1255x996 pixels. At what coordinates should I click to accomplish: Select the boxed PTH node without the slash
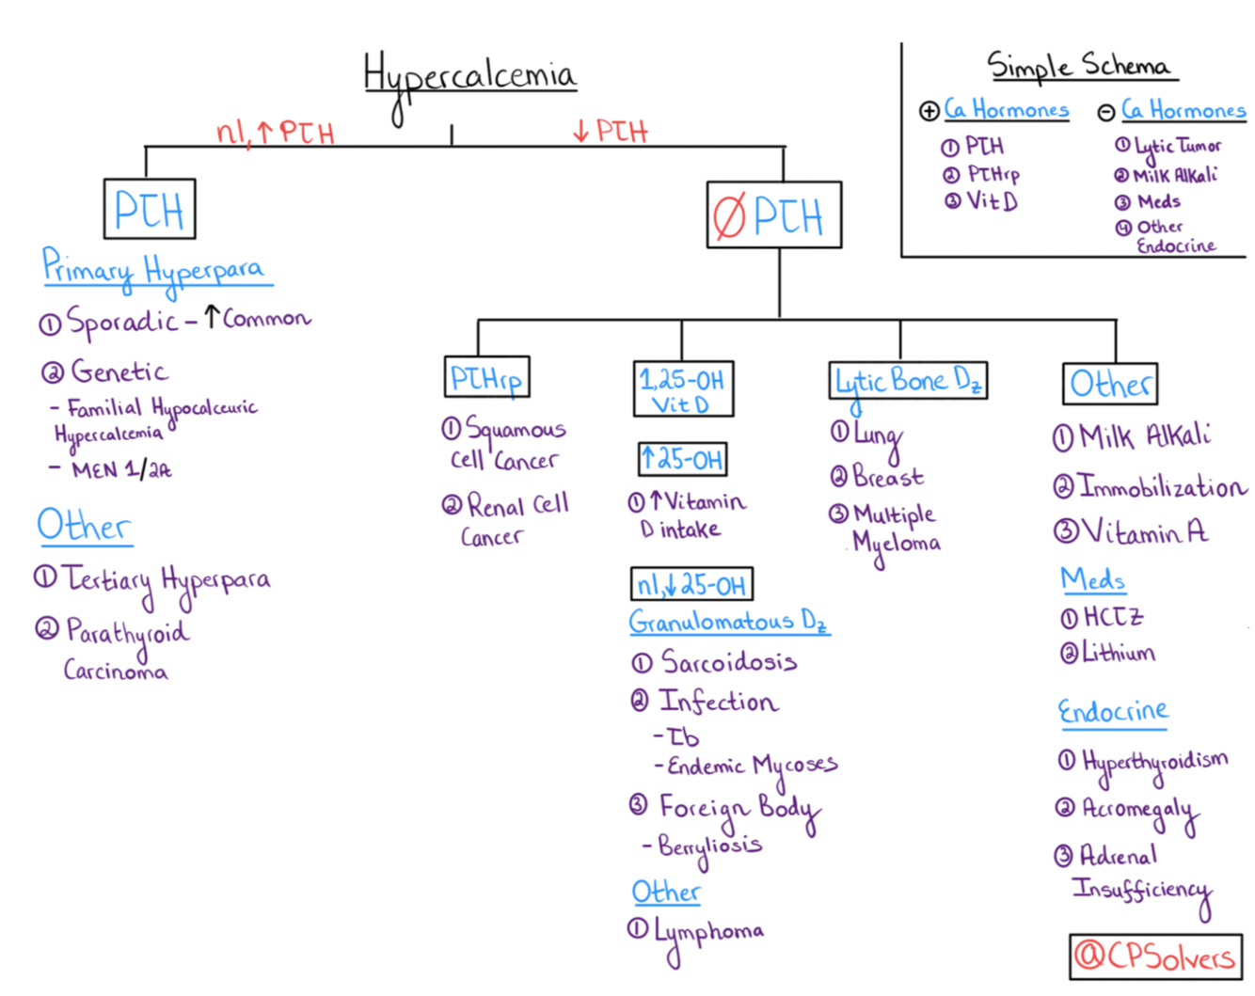click(x=150, y=209)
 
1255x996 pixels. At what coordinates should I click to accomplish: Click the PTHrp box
click(x=486, y=378)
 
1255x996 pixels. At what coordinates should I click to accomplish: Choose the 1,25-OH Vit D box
click(x=683, y=389)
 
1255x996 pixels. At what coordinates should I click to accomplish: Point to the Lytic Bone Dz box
click(x=908, y=381)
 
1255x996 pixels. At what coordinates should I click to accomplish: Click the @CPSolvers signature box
click(x=1156, y=956)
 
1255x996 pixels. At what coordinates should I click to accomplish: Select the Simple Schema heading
click(x=1079, y=66)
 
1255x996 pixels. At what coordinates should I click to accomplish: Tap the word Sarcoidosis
click(x=729, y=662)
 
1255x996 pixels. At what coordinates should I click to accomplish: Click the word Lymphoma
click(x=709, y=931)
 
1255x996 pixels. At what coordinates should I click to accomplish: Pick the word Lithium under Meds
click(x=1118, y=653)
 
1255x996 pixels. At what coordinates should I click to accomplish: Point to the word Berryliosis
click(x=710, y=846)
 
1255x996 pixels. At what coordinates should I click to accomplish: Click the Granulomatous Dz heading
click(x=728, y=622)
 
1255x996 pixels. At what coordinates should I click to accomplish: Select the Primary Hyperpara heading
click(x=155, y=269)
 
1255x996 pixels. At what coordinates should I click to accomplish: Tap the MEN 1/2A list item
click(x=121, y=469)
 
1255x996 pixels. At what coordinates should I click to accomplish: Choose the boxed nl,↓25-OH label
click(x=691, y=585)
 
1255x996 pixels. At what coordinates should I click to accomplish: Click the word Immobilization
click(x=1161, y=487)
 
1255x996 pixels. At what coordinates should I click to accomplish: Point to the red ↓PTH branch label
click(x=612, y=131)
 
